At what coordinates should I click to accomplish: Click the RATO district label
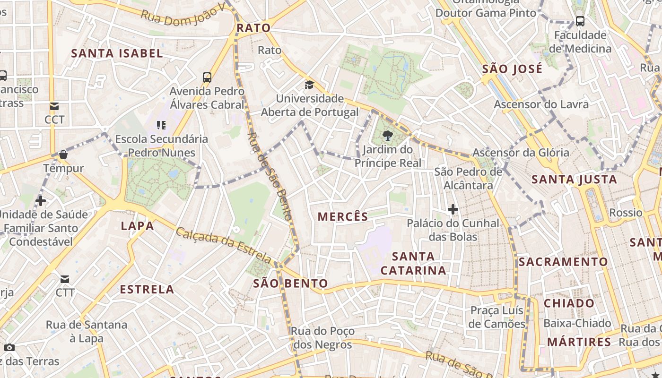pos(253,28)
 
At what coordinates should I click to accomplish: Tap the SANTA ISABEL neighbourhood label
pos(117,53)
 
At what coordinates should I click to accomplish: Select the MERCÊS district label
pos(343,217)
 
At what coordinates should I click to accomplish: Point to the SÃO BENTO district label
pos(290,283)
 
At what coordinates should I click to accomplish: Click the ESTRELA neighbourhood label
pos(147,289)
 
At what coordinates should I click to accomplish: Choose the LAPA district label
pos(138,226)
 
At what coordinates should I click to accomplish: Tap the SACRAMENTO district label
pos(563,262)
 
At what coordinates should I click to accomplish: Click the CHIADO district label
pos(569,303)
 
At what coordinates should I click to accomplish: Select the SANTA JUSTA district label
pos(575,180)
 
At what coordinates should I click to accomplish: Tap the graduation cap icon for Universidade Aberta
pos(309,85)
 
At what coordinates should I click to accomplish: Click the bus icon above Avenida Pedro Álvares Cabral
pos(207,77)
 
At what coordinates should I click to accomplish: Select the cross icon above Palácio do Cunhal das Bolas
pos(453,209)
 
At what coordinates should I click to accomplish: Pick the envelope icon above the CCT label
pos(54,106)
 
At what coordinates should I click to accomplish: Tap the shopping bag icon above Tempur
pos(63,155)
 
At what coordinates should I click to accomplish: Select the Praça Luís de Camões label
pos(497,317)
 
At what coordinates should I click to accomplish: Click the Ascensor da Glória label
pos(521,153)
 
